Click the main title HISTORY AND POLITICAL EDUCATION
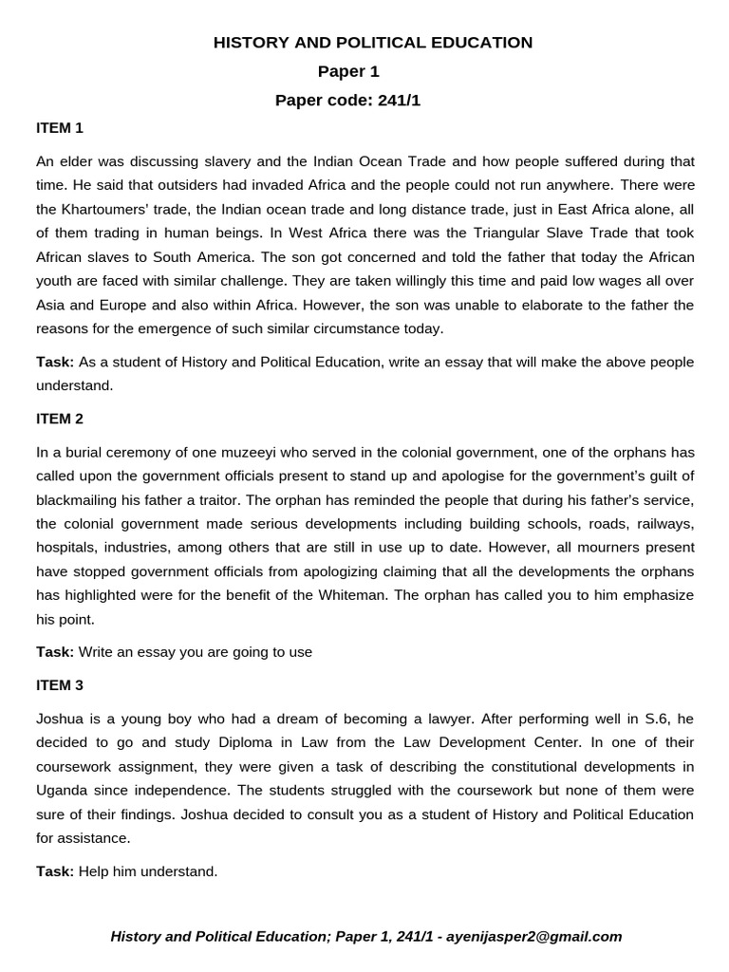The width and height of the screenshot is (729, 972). point(373,42)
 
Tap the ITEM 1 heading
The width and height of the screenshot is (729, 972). point(60,127)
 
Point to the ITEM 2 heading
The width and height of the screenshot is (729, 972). point(60,418)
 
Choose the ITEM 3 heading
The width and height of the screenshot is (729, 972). point(60,684)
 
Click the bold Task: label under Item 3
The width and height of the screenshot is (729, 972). point(55,870)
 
